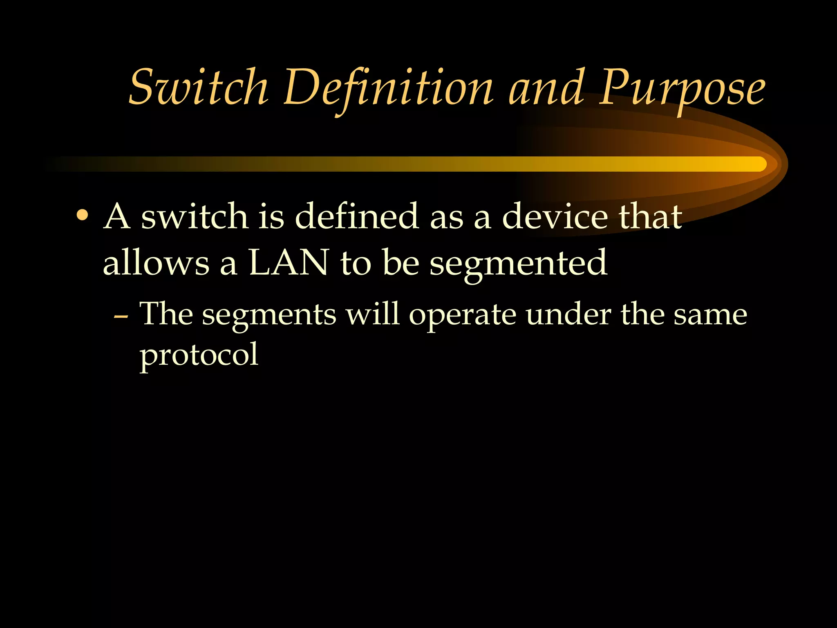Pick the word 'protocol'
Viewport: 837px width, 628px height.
[199, 355]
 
